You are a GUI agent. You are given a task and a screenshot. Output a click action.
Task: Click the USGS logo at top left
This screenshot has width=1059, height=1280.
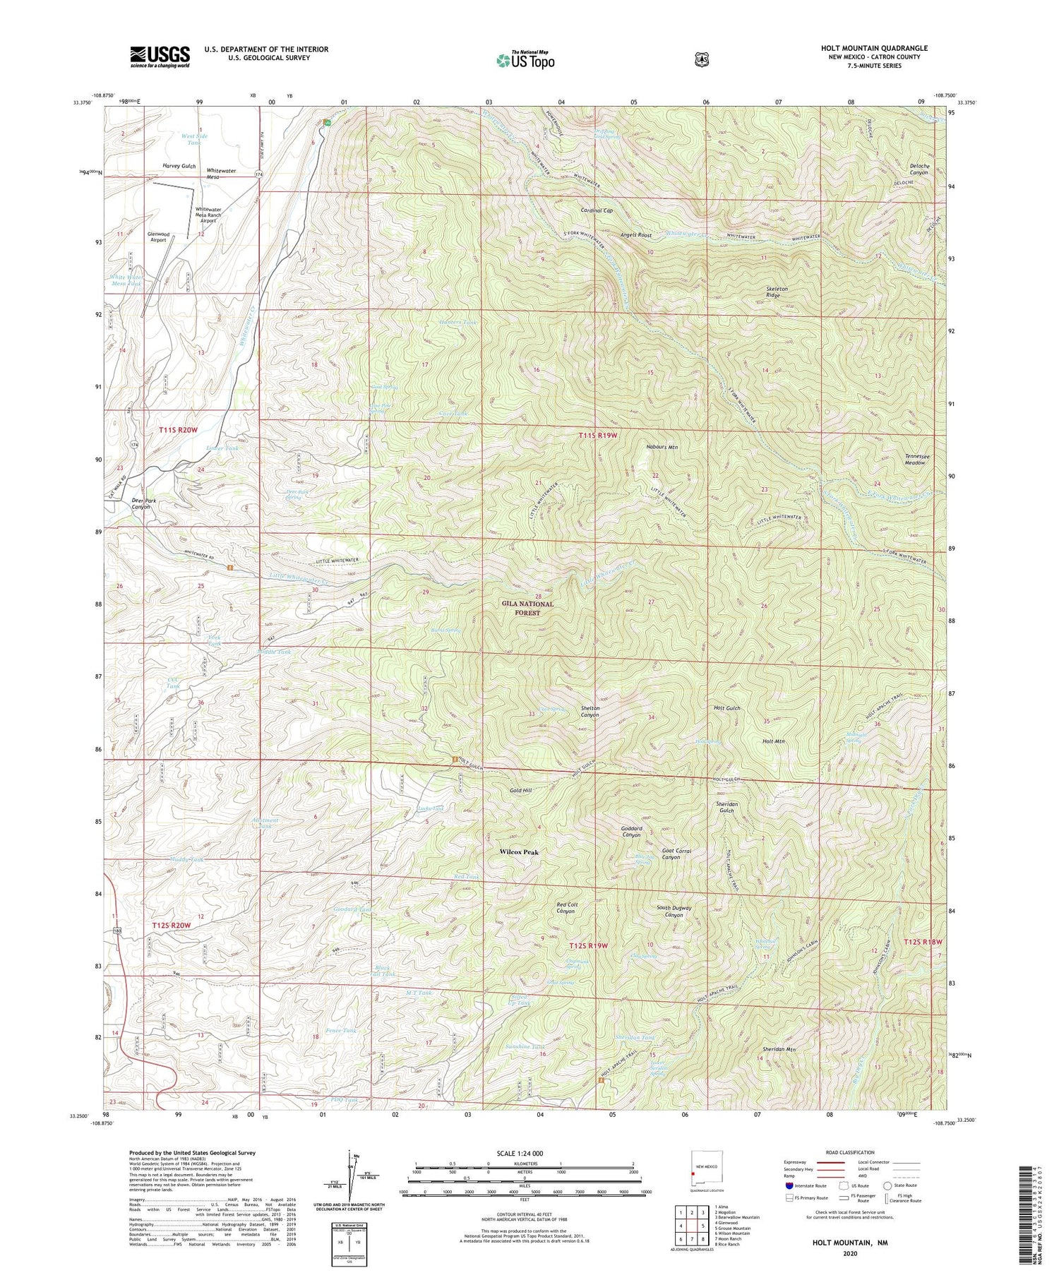coord(160,56)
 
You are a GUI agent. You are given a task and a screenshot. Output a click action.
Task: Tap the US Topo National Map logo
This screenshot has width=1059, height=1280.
coord(525,59)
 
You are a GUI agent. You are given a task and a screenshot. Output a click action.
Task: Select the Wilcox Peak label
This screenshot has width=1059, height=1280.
coord(519,852)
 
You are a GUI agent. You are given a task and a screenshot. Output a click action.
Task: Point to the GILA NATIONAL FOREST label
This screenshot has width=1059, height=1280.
coord(527,609)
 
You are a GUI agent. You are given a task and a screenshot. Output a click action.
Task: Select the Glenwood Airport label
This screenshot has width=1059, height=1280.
coord(158,237)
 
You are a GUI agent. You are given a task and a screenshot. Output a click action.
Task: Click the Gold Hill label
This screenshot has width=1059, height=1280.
coord(520,791)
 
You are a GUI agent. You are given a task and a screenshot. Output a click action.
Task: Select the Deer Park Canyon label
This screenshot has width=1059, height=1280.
coord(144,504)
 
